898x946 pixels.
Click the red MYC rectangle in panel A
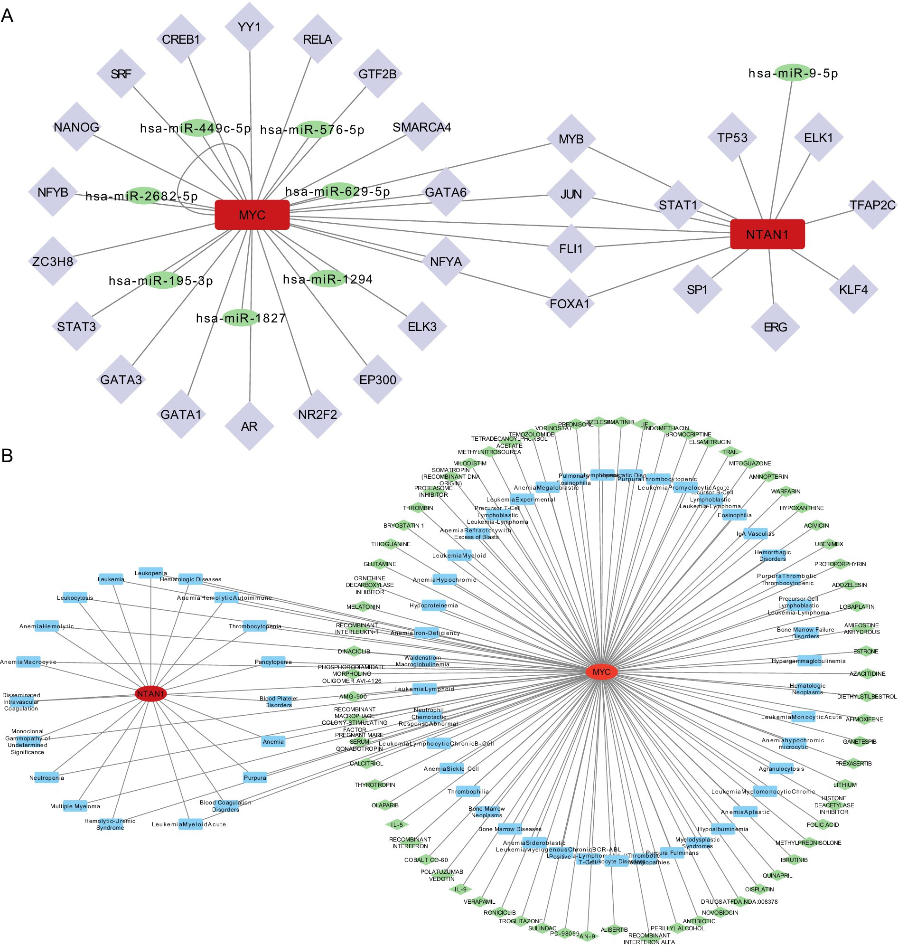(252, 215)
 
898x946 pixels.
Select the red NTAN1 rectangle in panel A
(767, 234)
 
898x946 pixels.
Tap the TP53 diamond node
(732, 137)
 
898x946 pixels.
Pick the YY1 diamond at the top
(249, 27)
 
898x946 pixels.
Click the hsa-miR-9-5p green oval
(792, 73)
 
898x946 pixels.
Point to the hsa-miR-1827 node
(240, 318)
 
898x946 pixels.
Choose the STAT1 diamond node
(678, 205)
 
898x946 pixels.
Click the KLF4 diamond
(853, 289)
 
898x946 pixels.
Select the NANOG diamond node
(76, 127)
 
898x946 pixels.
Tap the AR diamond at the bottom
(249, 426)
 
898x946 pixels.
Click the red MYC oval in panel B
(601, 672)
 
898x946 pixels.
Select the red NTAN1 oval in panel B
(151, 693)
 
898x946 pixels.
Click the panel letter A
(7, 16)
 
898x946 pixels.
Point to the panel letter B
(7, 455)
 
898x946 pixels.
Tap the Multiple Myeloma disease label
(75, 806)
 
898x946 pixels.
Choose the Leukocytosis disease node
(75, 598)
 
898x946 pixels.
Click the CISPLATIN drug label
(759, 889)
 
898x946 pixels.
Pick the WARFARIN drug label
(786, 492)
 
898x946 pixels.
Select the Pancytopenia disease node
(273, 662)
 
